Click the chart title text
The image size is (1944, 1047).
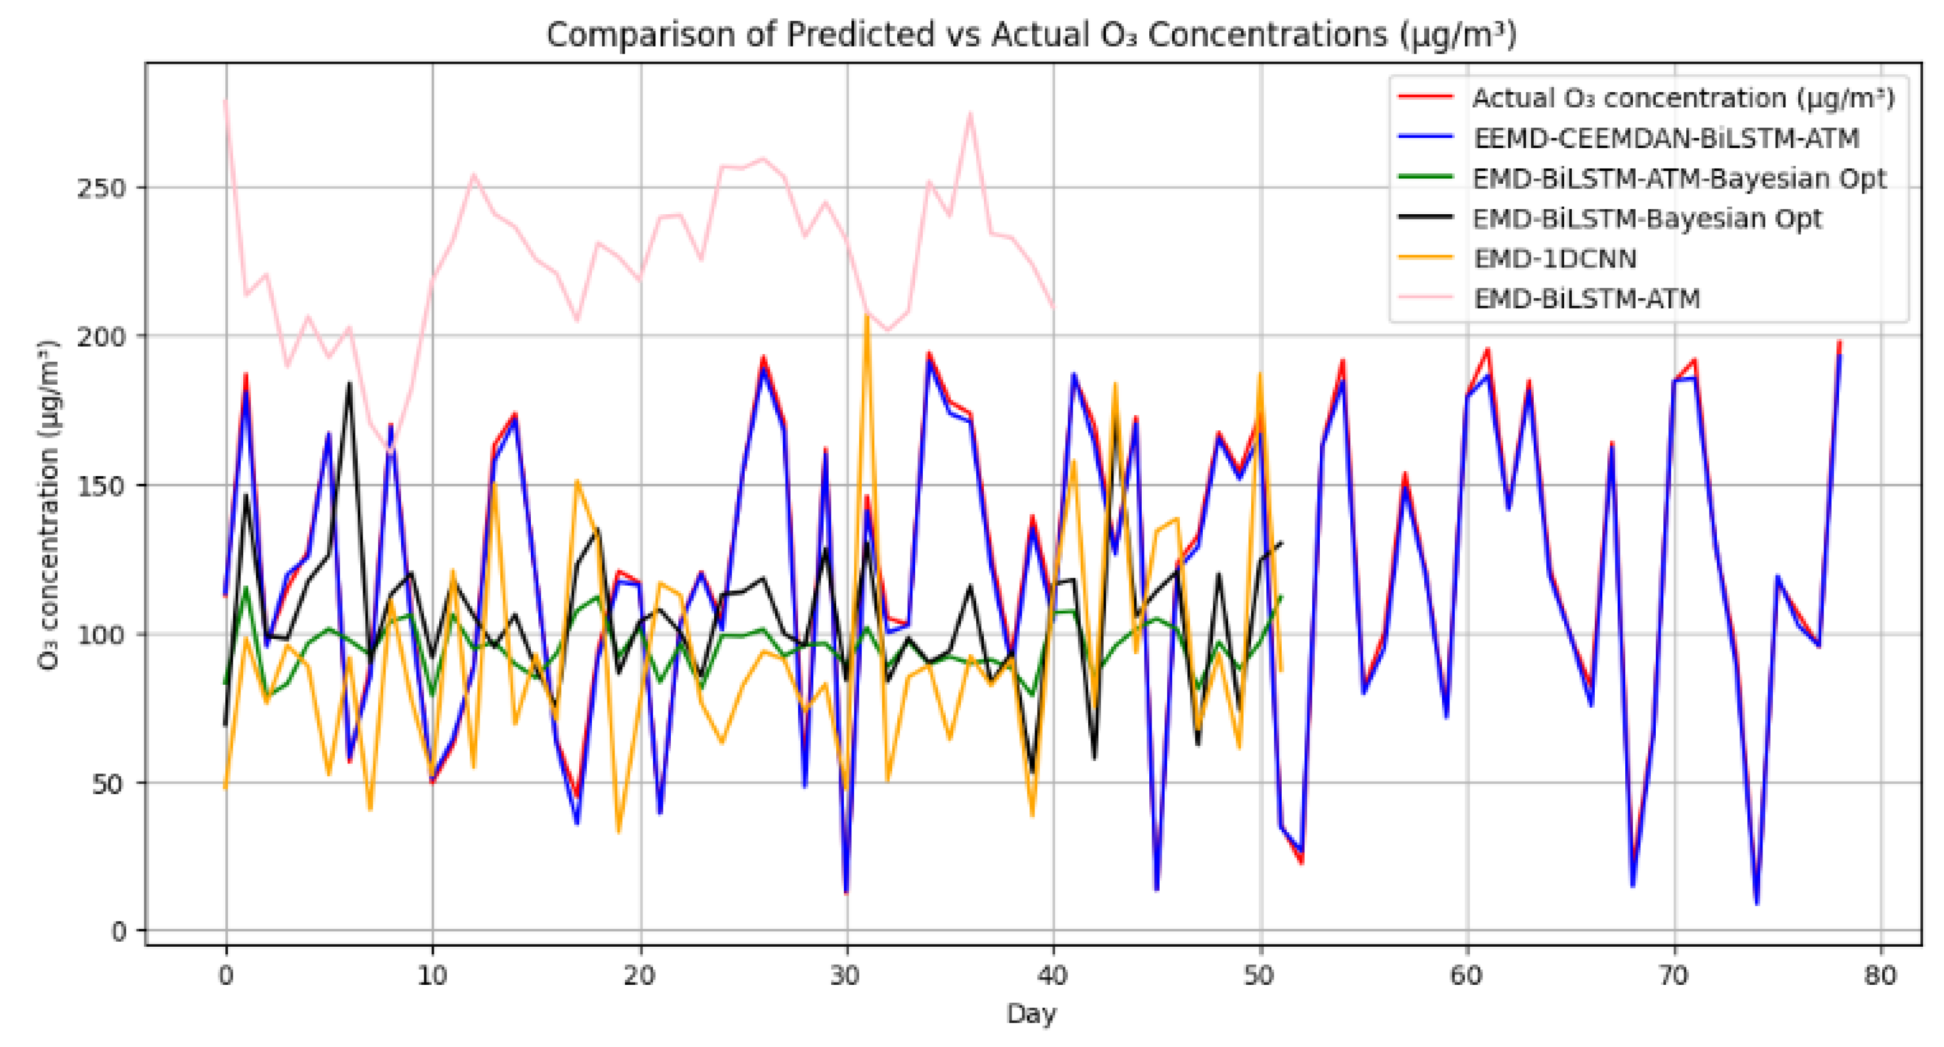[1031, 35]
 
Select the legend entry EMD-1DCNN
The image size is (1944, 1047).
[1554, 259]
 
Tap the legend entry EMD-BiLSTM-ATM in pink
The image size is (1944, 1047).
[1586, 299]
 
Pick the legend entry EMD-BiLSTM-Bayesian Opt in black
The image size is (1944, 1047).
[1647, 219]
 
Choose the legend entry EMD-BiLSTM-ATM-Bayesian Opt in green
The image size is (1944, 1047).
[1679, 179]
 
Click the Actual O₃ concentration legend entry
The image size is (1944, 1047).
[1683, 98]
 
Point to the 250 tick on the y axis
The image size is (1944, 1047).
[101, 188]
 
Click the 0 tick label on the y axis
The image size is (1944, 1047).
[119, 931]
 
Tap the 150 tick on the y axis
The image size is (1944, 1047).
[101, 485]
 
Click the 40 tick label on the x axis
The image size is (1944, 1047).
[1053, 976]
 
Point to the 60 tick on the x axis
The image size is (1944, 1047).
[1466, 976]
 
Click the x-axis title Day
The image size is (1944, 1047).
[1031, 1013]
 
